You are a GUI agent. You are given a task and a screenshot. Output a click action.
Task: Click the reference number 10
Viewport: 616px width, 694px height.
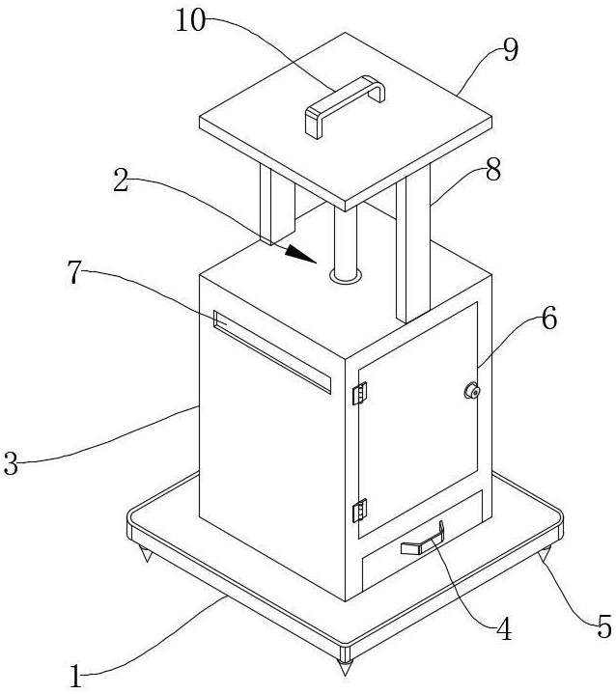pos(191,21)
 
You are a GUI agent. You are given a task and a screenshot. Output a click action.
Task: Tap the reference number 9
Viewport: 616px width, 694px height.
pos(510,49)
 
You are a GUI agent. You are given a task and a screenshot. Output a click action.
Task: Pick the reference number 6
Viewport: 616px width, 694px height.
pos(547,319)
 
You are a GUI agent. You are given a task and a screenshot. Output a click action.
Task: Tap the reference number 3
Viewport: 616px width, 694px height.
pos(12,464)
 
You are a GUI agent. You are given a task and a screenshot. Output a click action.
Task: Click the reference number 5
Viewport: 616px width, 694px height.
pos(603,628)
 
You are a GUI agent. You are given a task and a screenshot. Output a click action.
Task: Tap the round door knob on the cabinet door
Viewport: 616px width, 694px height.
pos(473,391)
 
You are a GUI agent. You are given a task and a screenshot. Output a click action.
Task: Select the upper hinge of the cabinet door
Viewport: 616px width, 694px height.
pos(360,395)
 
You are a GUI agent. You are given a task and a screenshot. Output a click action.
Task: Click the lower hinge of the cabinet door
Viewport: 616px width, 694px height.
pos(361,508)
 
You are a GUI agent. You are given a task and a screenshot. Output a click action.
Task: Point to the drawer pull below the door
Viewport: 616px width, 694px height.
pos(421,542)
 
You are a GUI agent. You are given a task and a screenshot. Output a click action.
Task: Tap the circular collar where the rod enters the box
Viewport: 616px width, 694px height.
pos(346,276)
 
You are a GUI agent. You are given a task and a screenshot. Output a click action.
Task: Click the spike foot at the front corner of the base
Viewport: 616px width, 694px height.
pos(344,665)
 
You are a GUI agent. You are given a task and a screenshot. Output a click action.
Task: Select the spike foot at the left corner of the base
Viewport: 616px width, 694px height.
pos(147,556)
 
